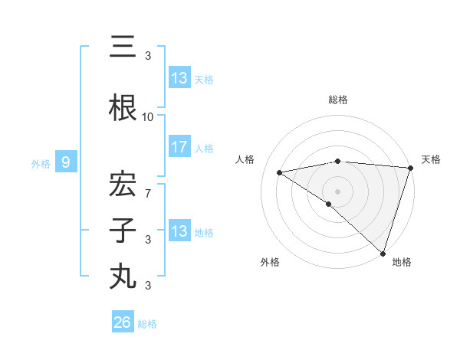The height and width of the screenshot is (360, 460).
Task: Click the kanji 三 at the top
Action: pos(123,47)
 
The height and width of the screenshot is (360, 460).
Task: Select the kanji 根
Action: pos(123,108)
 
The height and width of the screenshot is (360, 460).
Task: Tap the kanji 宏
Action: pos(123,185)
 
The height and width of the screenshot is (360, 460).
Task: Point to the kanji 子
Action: pos(123,231)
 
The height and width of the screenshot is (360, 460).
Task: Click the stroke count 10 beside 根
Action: pos(147,117)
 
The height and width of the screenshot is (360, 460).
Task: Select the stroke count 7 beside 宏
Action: pos(148,194)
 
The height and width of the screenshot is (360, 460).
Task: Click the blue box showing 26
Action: pos(123,322)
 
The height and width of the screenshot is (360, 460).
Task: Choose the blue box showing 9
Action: pos(66,162)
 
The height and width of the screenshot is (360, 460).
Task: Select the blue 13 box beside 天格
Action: pos(179,77)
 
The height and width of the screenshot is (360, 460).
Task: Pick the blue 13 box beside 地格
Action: pos(179,231)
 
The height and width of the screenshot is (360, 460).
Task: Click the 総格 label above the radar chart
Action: pos(338,100)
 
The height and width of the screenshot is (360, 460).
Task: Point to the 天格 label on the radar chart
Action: pos(431,159)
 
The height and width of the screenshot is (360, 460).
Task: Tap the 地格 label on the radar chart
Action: pos(402,262)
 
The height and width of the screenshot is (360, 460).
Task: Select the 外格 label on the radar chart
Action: pos(270,262)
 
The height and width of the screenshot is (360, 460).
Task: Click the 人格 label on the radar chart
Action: pos(245,159)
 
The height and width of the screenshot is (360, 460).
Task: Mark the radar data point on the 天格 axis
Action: pos(411,168)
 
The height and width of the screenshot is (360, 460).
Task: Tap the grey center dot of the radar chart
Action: pos(337,191)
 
